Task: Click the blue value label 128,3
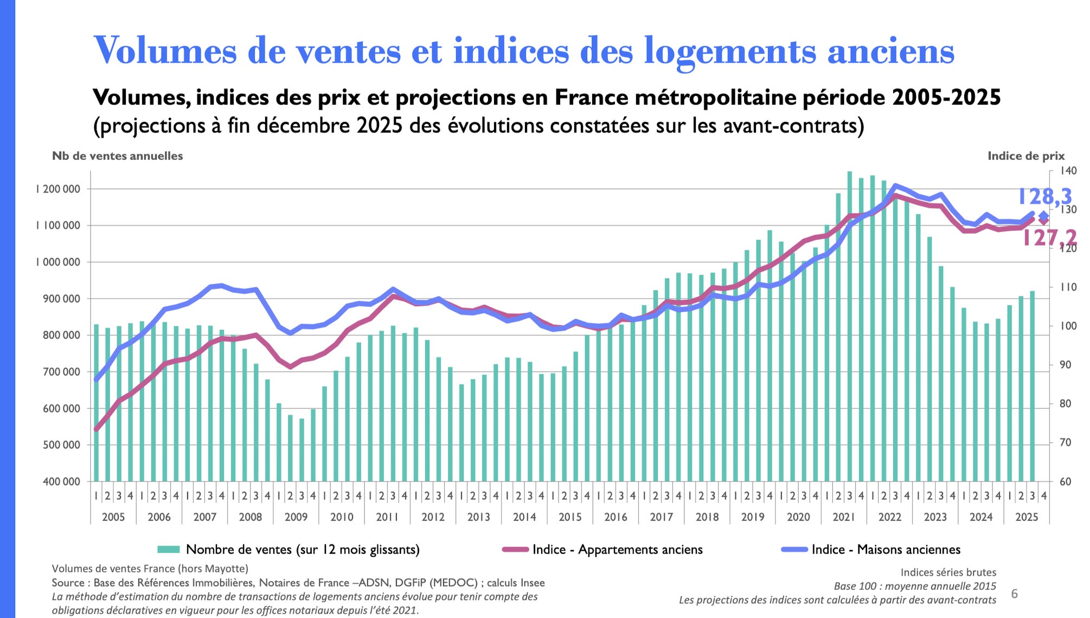tap(1044, 196)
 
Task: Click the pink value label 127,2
tap(1049, 237)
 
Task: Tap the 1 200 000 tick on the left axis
tap(58, 189)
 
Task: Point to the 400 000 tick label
tap(61, 481)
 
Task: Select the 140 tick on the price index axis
tap(1069, 171)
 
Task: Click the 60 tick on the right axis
tap(1065, 481)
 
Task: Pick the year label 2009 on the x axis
tap(296, 517)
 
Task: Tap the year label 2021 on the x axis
tap(844, 517)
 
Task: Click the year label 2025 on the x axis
tap(1027, 517)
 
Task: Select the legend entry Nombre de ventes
tap(302, 550)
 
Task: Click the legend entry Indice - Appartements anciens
tap(617, 550)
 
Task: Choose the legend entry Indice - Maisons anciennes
tap(886, 550)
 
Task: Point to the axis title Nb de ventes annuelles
tap(117, 156)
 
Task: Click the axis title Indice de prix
tap(1026, 156)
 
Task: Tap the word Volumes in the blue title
tap(165, 51)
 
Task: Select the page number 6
tap(1015, 594)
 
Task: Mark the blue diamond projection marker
tap(1044, 216)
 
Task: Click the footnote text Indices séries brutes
tap(948, 572)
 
